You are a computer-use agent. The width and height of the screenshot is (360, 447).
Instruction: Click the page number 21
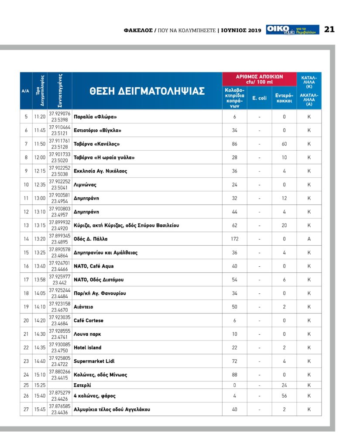[329, 29]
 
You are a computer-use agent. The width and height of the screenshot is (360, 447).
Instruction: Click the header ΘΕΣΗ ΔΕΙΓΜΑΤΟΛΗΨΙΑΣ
[147, 91]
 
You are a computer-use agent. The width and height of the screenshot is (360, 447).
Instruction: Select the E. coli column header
[259, 98]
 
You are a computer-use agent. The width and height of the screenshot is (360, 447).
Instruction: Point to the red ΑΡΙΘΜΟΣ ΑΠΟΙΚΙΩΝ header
[259, 79]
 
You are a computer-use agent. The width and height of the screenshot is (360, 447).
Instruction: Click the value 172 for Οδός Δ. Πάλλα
[234, 239]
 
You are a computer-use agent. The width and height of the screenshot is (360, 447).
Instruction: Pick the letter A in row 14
[309, 239]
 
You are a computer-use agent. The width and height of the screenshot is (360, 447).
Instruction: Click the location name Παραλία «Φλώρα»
[96, 117]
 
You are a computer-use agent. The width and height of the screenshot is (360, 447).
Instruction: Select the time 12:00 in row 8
[40, 157]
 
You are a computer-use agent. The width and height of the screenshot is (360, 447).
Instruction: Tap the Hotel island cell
[87, 347]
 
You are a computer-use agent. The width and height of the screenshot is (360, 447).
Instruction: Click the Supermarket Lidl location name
[94, 361]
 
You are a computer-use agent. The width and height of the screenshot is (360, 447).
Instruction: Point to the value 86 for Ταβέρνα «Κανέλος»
[234, 144]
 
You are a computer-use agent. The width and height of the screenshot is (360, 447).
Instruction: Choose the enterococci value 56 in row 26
[284, 396]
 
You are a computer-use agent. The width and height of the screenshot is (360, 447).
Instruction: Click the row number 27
[26, 409]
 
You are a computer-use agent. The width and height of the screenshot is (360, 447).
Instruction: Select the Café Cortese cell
[89, 320]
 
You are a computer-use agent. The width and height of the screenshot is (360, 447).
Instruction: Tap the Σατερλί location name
[82, 385]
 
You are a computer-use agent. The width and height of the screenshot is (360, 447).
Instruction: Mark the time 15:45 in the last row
[40, 409]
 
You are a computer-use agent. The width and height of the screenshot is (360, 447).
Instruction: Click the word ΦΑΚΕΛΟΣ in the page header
[138, 30]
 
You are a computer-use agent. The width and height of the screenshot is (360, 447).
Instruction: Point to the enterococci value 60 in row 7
[284, 144]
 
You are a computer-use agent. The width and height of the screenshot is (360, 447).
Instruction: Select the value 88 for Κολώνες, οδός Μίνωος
[234, 375]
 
